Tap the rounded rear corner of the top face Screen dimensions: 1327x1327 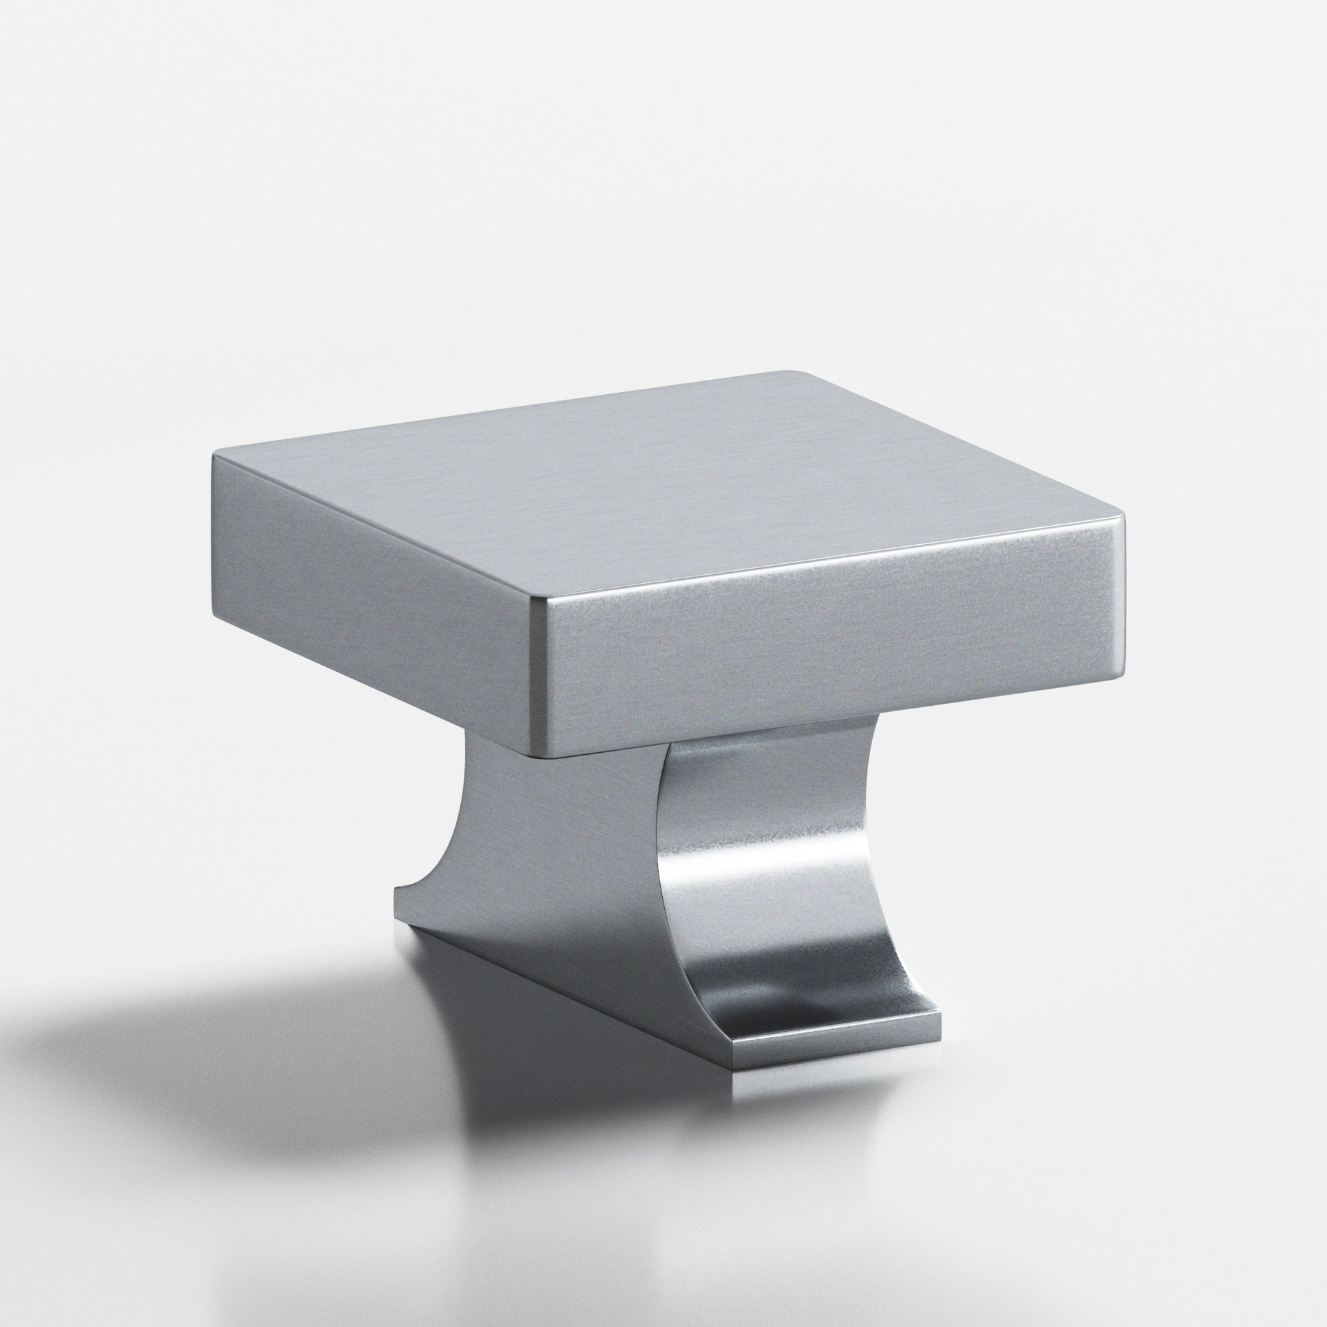[790, 374]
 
